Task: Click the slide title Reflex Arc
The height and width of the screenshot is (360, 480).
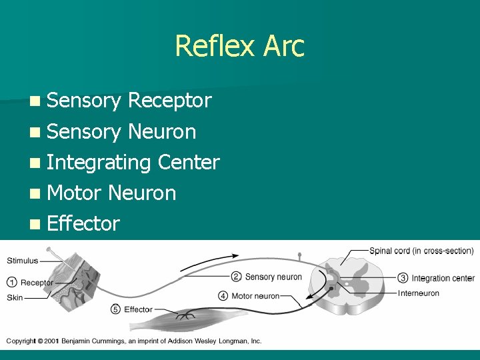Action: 239,46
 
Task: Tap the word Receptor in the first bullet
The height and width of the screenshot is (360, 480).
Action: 169,101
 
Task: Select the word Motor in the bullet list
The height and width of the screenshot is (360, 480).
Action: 74,193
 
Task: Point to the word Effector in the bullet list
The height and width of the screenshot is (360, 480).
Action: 83,223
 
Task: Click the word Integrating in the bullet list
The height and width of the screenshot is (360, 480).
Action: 99,163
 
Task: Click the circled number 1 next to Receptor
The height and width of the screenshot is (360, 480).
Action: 12,283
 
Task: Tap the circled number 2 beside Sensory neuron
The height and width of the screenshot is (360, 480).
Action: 236,277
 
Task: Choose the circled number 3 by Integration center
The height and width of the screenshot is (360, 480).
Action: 403,278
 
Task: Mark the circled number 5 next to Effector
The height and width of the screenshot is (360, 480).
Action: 115,309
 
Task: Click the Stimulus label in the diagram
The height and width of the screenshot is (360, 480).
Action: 23,261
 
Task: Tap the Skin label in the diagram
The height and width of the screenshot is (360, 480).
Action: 15,297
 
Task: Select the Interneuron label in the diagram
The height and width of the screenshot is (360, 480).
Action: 418,293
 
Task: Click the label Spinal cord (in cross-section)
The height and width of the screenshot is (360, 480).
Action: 421,251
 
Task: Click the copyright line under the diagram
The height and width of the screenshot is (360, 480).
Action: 133,341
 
